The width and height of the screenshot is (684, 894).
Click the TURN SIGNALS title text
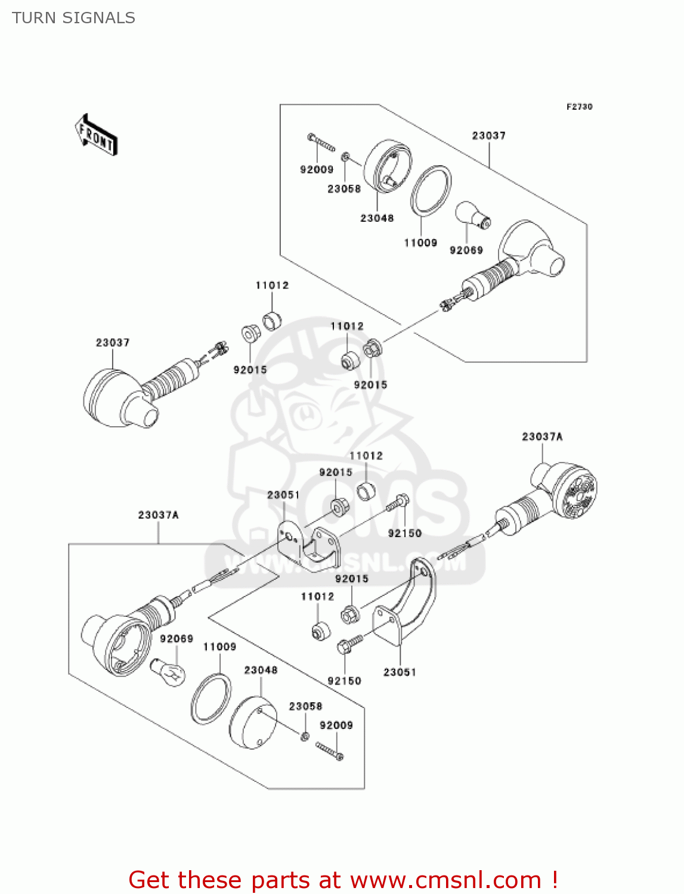tap(73, 18)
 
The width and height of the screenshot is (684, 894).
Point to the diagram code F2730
tap(579, 107)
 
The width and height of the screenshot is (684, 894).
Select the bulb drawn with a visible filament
tap(168, 672)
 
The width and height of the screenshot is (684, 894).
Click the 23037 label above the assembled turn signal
tap(113, 343)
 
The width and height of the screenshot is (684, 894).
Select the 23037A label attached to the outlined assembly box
tap(159, 515)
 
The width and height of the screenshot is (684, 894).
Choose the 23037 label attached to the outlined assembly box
tap(488, 136)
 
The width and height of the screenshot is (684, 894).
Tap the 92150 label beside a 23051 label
tap(344, 681)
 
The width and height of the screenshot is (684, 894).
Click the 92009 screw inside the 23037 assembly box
tap(321, 143)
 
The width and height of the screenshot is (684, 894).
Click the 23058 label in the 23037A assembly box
tap(305, 706)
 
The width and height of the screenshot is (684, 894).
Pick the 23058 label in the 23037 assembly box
tap(344, 189)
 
